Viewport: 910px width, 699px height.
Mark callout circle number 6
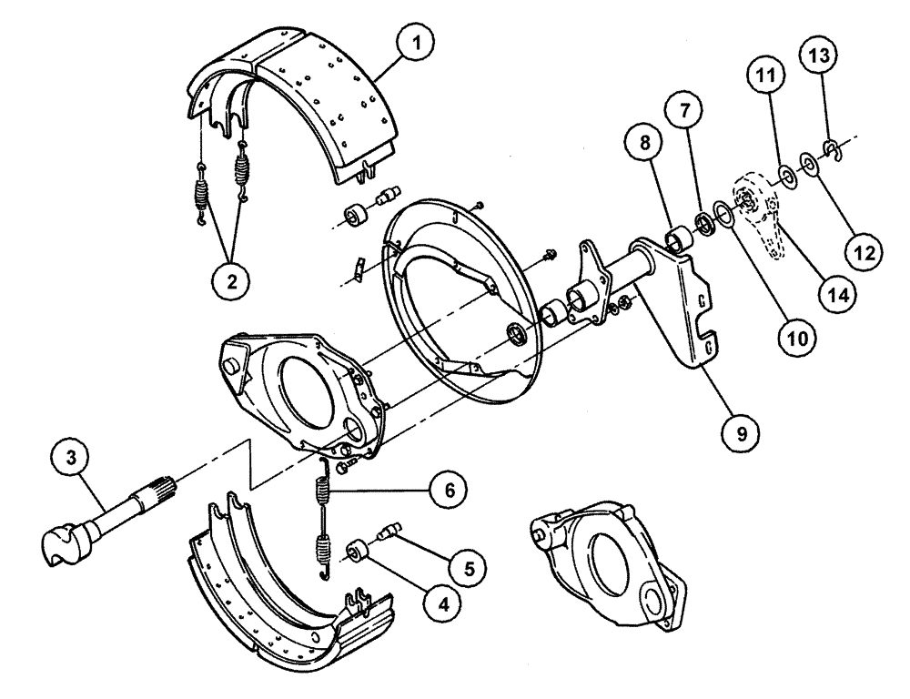(x=449, y=491)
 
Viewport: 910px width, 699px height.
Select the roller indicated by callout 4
(x=356, y=551)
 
